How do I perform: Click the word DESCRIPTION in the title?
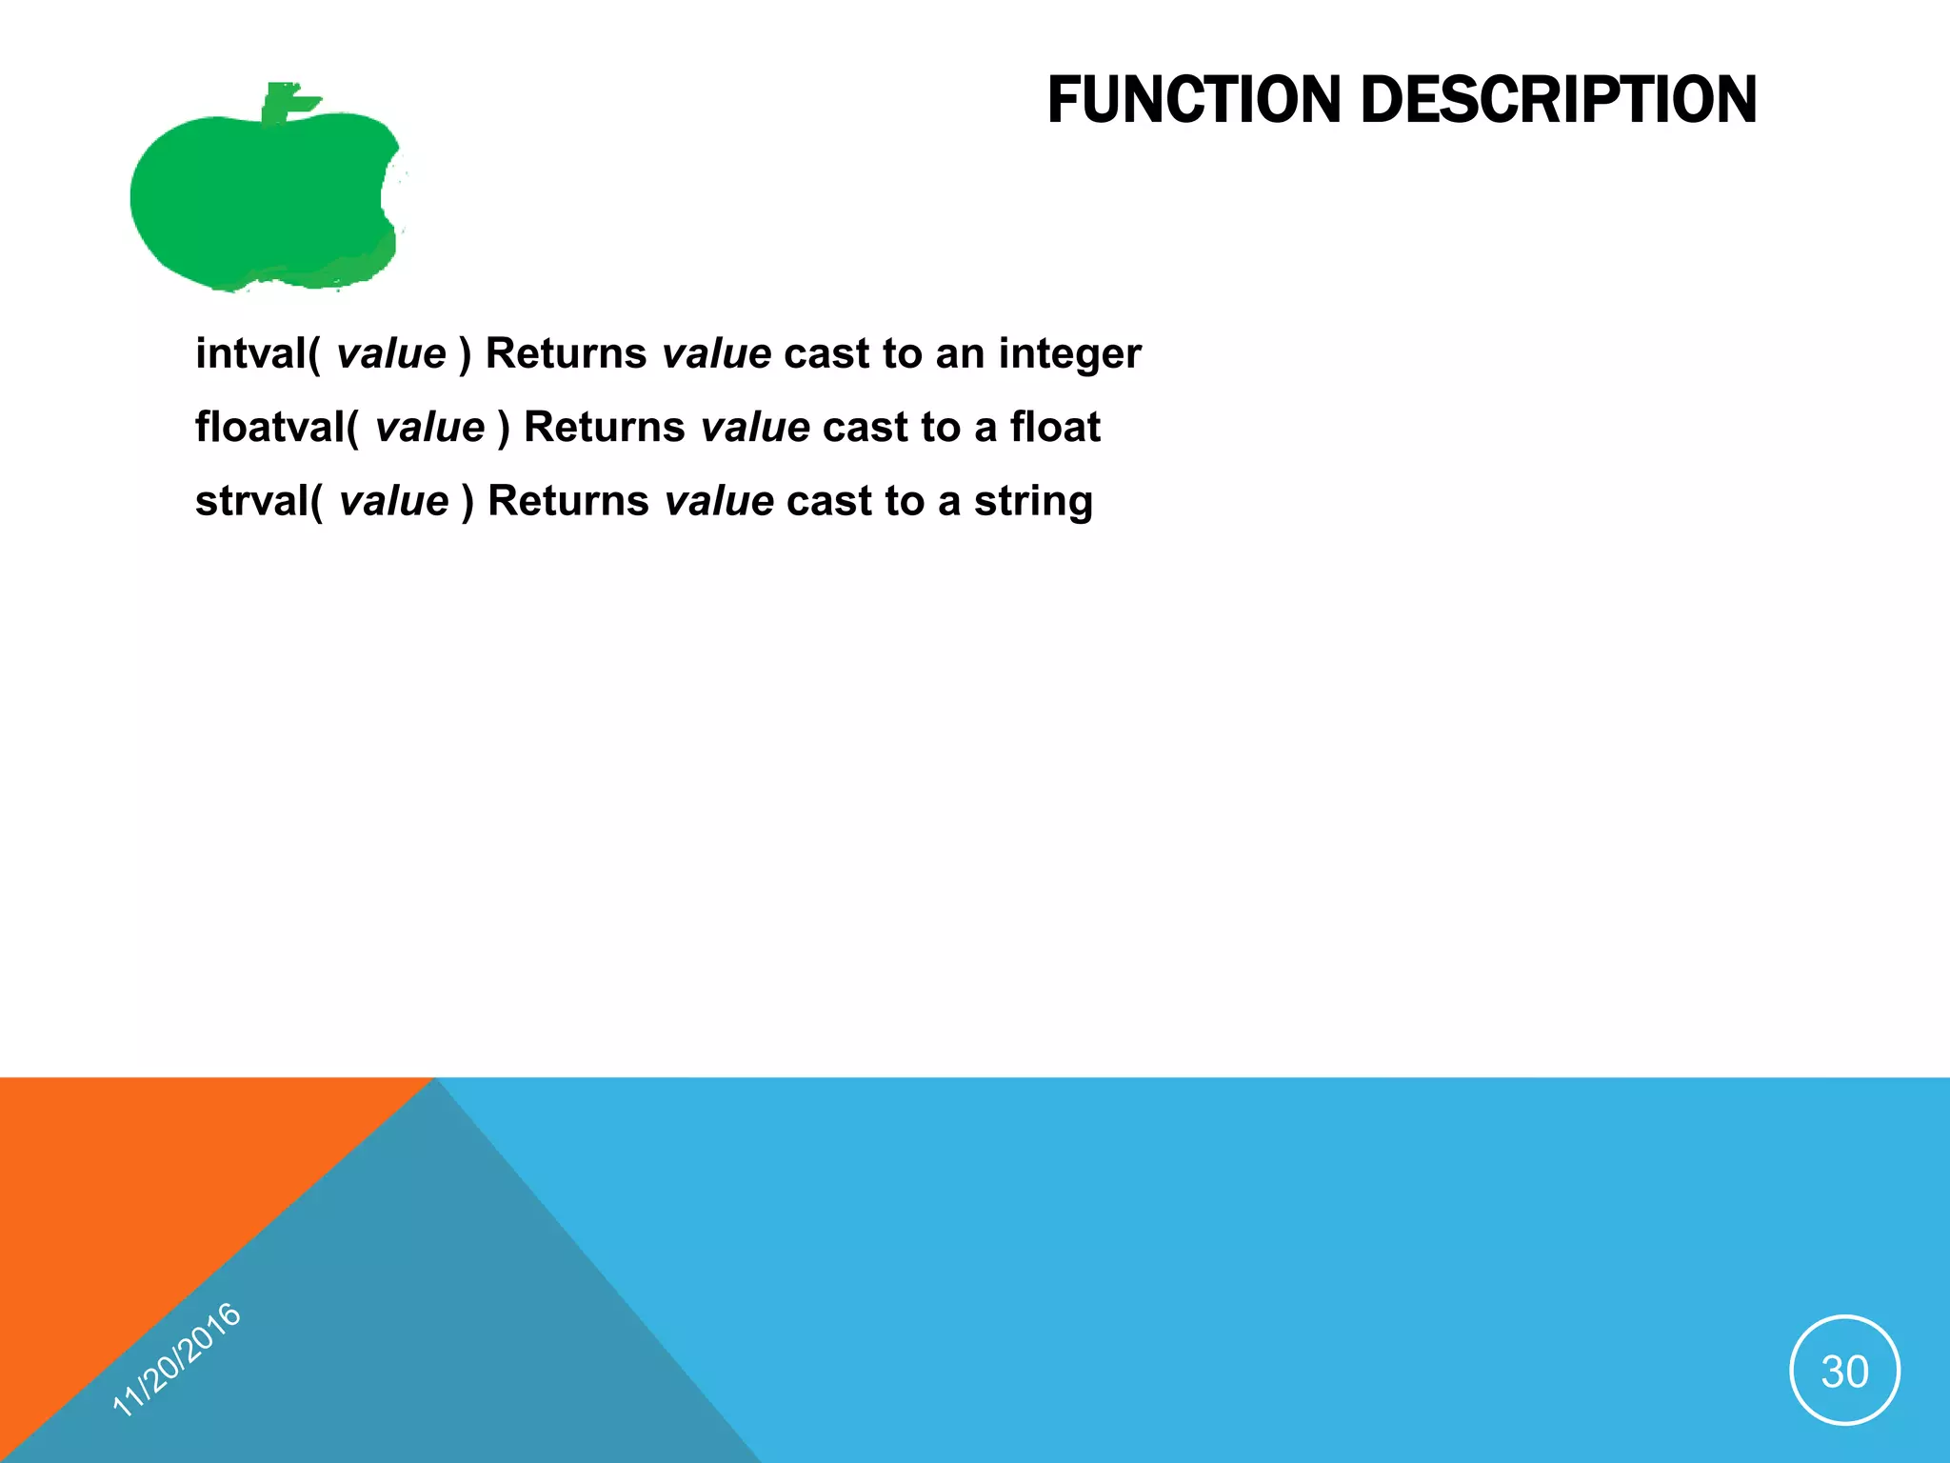[1559, 100]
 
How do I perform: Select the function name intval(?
[258, 353]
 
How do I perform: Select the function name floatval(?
[277, 427]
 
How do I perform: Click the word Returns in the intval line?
[567, 353]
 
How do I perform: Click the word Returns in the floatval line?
[605, 427]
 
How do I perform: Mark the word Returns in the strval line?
[568, 501]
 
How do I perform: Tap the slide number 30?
[1844, 1371]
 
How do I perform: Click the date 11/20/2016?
[177, 1359]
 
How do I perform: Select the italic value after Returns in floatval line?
[755, 427]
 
